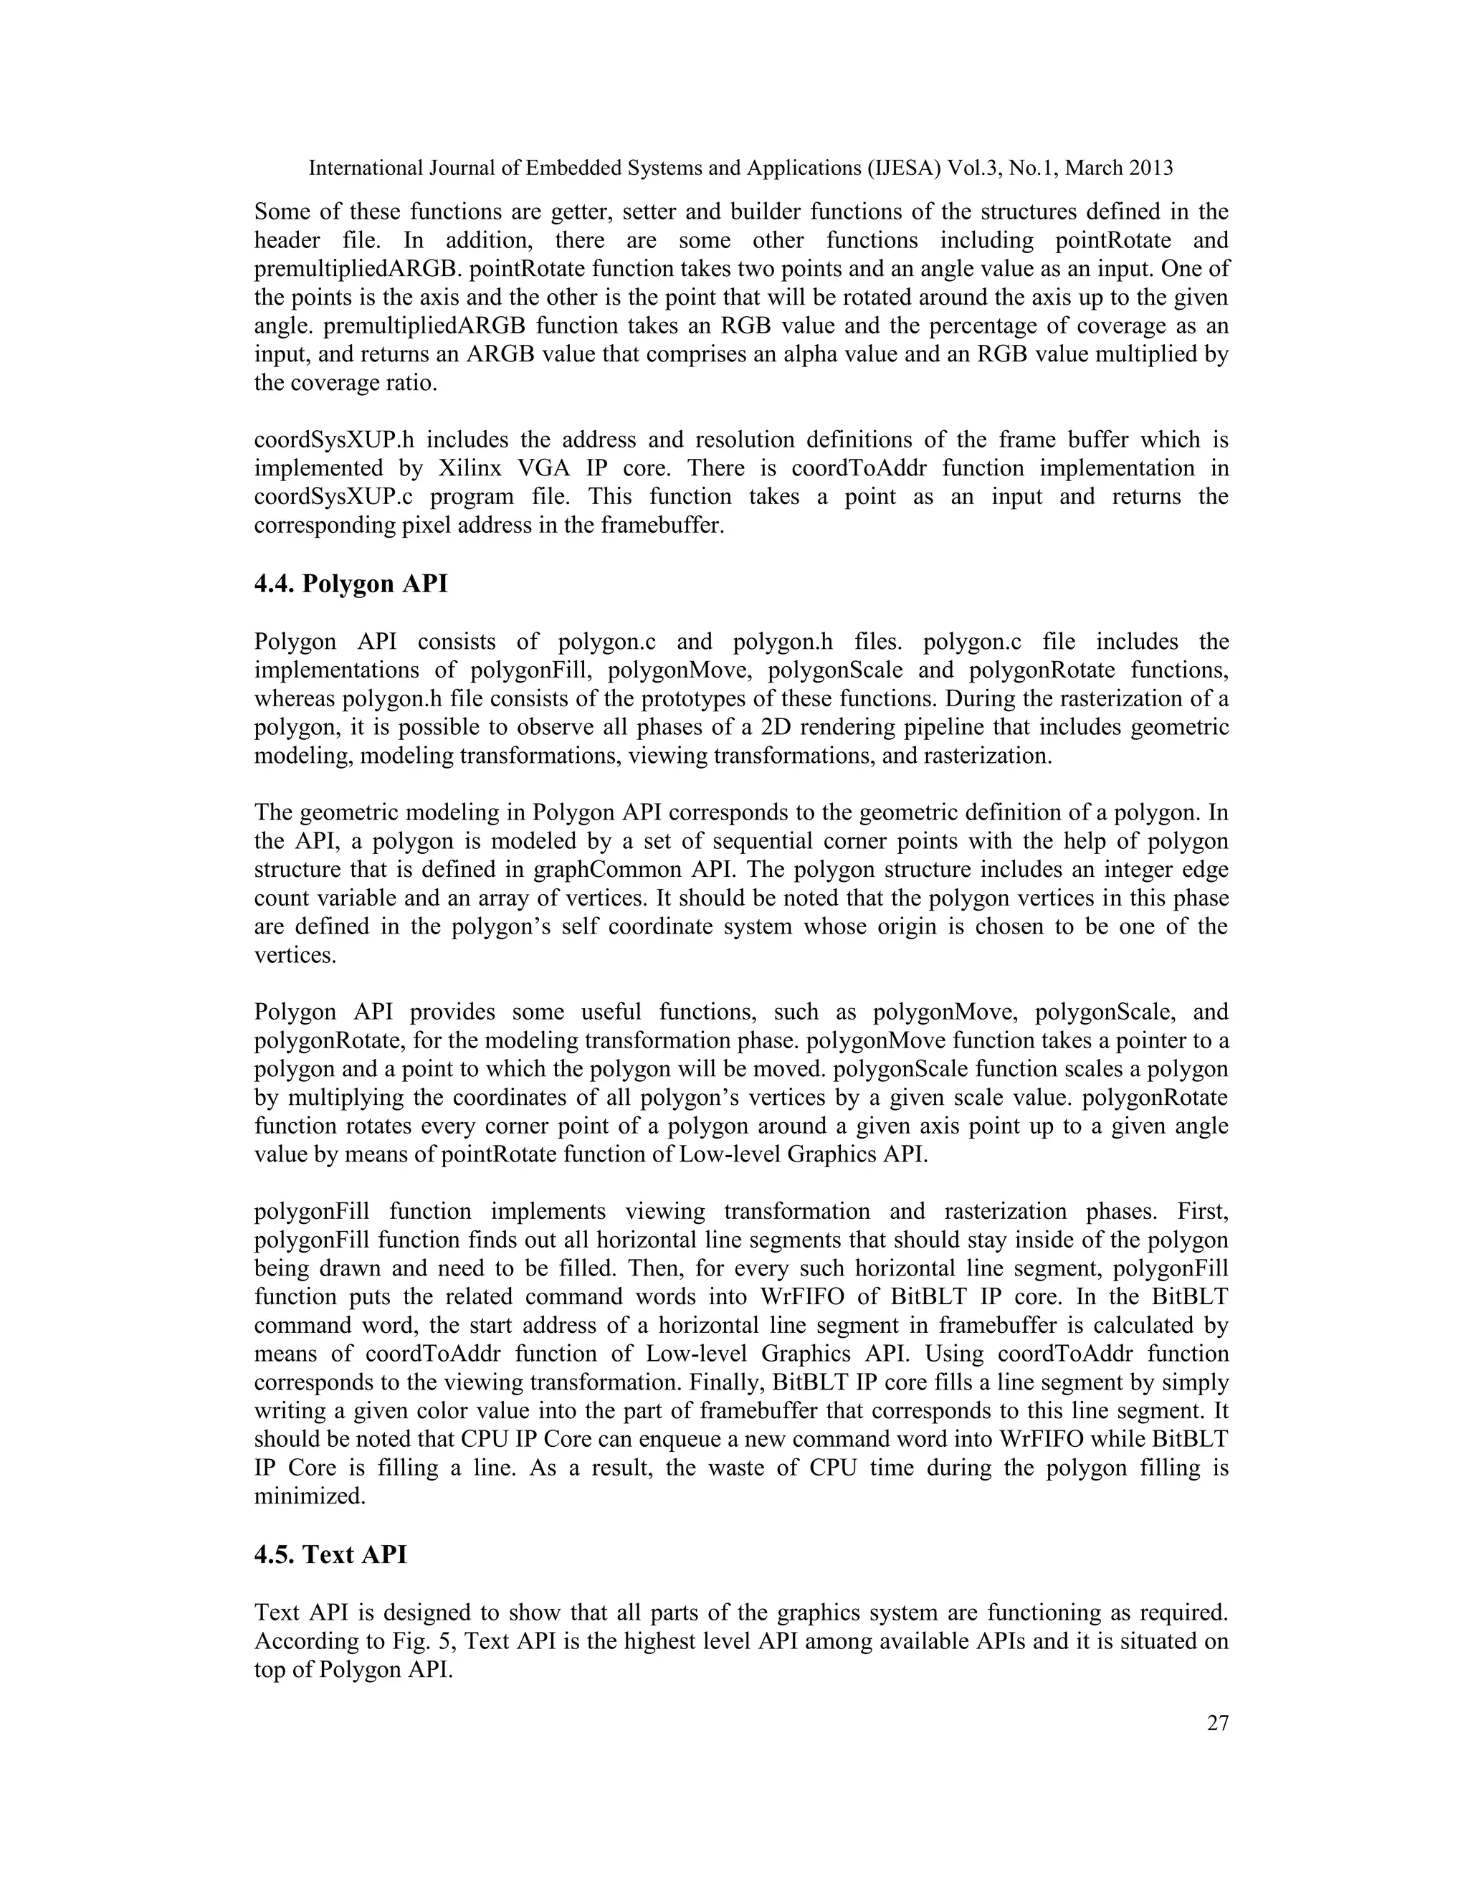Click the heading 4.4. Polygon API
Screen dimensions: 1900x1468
pyautogui.click(x=351, y=584)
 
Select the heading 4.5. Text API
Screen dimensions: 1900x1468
pyautogui.click(x=330, y=1554)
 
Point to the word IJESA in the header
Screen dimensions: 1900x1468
pyautogui.click(x=904, y=168)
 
